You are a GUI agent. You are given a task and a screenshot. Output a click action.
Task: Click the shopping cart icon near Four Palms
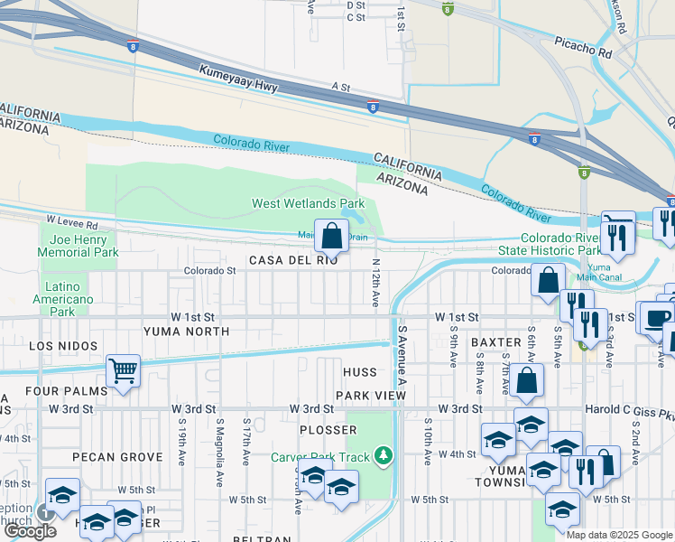pyautogui.click(x=123, y=369)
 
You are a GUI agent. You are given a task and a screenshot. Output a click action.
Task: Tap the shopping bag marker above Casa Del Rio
pyautogui.click(x=331, y=236)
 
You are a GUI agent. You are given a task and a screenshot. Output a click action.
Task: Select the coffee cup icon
pyautogui.click(x=655, y=317)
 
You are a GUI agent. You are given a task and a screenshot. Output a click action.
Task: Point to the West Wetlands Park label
pyautogui.click(x=308, y=204)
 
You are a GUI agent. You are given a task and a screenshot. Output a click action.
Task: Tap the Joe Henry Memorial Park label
pyautogui.click(x=78, y=246)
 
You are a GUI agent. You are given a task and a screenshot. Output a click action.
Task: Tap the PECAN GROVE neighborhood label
pyautogui.click(x=116, y=457)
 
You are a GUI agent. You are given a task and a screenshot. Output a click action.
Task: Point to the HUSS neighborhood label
pyautogui.click(x=359, y=372)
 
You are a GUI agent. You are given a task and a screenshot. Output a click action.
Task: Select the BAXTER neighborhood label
pyautogui.click(x=495, y=342)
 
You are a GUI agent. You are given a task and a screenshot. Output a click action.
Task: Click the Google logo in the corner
pyautogui.click(x=30, y=531)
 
